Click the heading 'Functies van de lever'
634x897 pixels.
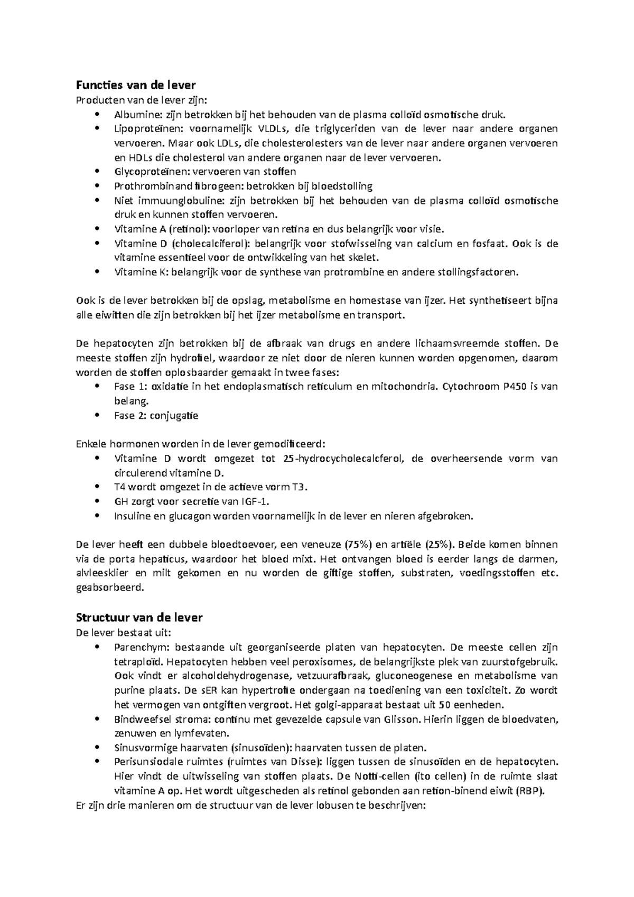(x=136, y=85)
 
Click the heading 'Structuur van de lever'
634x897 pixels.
(x=139, y=618)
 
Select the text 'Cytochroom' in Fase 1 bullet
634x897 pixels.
(x=469, y=387)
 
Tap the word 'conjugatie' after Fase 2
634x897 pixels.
(x=174, y=416)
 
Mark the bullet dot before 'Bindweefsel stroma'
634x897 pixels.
(x=96, y=719)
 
